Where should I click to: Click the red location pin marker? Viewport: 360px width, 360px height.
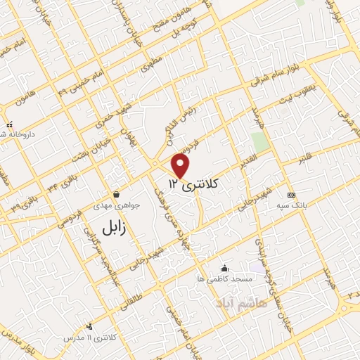click(181, 165)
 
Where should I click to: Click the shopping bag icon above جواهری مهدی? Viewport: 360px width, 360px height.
click(115, 195)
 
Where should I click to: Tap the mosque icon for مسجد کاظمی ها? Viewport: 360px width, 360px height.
click(224, 268)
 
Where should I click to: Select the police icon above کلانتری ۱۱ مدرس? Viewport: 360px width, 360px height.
click(89, 326)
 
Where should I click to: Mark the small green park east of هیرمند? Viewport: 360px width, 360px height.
click(261, 141)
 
